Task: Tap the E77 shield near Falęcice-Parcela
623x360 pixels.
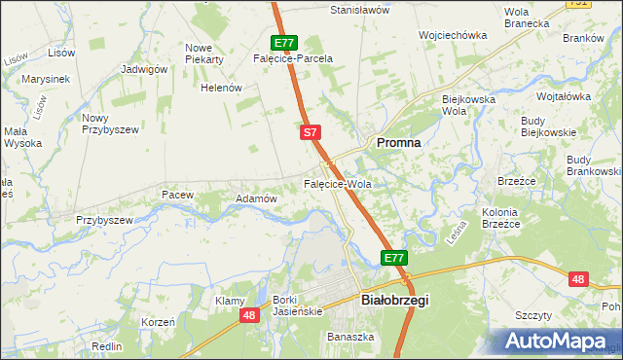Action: click(284, 43)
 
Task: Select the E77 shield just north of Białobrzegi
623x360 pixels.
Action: click(393, 258)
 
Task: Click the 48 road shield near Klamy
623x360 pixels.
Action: click(250, 315)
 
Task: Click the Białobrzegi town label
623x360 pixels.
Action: click(394, 301)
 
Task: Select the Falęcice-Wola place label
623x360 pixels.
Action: click(338, 183)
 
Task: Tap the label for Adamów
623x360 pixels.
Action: click(257, 198)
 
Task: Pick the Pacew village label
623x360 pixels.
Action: click(178, 195)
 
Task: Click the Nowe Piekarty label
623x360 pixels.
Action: click(204, 53)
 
